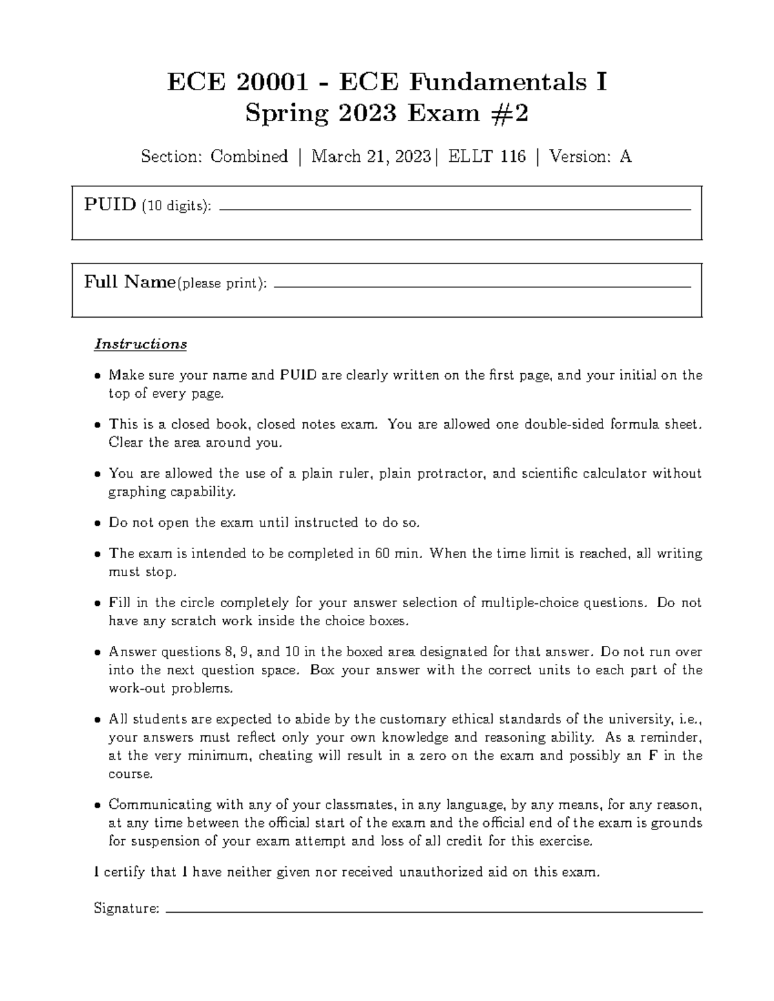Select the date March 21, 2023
[x=371, y=157]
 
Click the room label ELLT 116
[x=487, y=157]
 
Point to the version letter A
[x=625, y=157]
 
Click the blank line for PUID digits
[x=455, y=210]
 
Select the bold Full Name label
[x=130, y=282]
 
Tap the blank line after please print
[x=482, y=287]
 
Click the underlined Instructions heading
[x=141, y=344]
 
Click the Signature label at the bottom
[x=126, y=909]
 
